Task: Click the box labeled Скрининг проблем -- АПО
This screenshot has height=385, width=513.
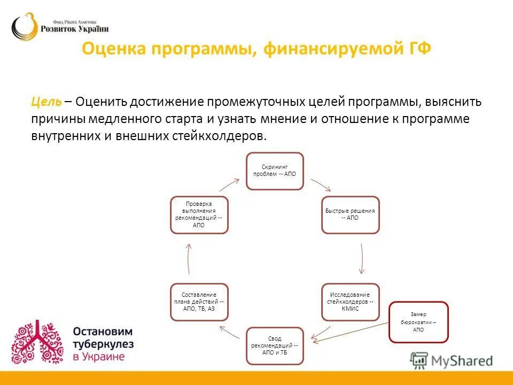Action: (275, 171)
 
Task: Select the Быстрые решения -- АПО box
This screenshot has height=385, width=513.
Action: (350, 214)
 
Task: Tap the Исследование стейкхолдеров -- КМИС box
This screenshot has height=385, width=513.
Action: (350, 302)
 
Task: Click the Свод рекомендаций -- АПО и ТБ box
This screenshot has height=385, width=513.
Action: (275, 345)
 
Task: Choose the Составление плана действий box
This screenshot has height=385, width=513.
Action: (199, 302)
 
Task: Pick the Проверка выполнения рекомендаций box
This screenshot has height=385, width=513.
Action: (199, 214)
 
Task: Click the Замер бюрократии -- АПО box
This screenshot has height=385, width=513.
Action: (418, 322)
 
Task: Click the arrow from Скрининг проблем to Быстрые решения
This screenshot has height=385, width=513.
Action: (322, 185)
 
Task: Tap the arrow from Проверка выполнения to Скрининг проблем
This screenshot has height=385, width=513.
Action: (229, 184)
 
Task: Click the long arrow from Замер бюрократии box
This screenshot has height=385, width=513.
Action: (353, 331)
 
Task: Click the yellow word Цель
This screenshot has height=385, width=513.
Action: (46, 102)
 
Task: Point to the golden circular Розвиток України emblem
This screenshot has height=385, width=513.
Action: (25, 27)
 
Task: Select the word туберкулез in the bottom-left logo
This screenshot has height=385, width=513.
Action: (103, 344)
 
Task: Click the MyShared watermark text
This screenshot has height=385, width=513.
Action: (461, 361)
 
